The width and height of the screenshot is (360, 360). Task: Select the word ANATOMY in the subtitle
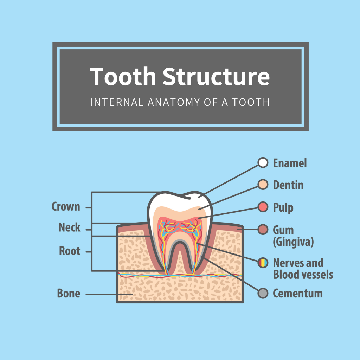click(174, 102)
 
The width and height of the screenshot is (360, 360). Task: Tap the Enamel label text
click(290, 163)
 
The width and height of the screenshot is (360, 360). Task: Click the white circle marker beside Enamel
click(263, 162)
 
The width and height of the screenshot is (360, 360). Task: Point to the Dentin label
click(288, 185)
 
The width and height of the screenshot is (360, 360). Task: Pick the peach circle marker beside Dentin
click(263, 185)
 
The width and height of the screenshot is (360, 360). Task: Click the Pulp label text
click(283, 208)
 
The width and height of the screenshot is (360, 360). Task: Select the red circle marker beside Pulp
click(263, 207)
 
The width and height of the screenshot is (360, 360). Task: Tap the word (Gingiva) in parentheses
click(293, 242)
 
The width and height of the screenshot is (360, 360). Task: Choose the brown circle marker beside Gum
click(263, 229)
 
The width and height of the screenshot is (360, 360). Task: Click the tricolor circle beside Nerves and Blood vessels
click(263, 263)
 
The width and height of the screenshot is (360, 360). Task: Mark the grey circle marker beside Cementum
click(263, 293)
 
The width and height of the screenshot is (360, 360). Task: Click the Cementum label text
click(297, 294)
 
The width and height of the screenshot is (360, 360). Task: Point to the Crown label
click(66, 206)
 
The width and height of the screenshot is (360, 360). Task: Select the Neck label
click(70, 227)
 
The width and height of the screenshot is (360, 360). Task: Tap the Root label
click(70, 251)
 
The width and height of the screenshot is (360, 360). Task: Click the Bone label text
click(69, 293)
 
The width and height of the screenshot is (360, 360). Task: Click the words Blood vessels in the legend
click(303, 275)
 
